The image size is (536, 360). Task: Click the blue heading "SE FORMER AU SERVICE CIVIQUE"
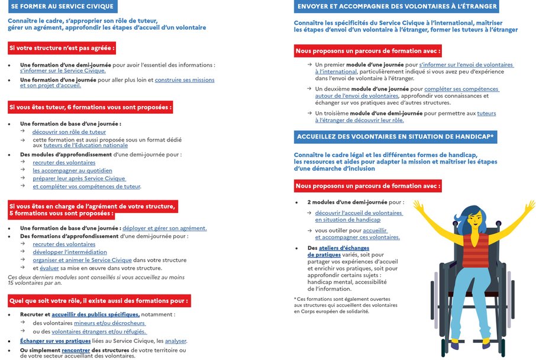click(63, 7)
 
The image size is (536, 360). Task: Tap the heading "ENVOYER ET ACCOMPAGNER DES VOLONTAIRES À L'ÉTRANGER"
click(396, 7)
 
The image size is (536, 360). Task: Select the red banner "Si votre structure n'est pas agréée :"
click(62, 48)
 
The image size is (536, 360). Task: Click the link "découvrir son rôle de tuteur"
click(69, 131)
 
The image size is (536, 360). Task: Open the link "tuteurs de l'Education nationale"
click(85, 145)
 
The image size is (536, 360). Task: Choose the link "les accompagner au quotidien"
click(72, 171)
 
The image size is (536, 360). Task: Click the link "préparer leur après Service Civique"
click(79, 178)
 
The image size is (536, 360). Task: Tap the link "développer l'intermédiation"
click(70, 252)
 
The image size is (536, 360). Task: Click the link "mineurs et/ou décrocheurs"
click(109, 323)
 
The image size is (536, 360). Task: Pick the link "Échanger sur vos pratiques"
click(55, 341)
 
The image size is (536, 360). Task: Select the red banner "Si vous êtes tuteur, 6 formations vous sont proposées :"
click(90, 107)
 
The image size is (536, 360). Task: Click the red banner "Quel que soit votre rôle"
click(99, 301)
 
